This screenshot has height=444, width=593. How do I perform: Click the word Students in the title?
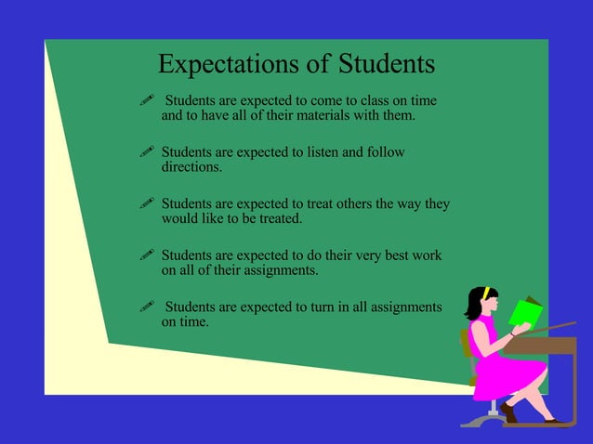[x=386, y=64]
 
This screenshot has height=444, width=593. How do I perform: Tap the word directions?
[x=191, y=168]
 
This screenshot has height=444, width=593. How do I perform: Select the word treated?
[x=279, y=219]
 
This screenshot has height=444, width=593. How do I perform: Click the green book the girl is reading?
[x=525, y=311]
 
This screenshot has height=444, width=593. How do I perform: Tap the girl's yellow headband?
[x=484, y=293]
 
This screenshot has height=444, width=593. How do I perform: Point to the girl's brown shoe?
[x=507, y=412]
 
